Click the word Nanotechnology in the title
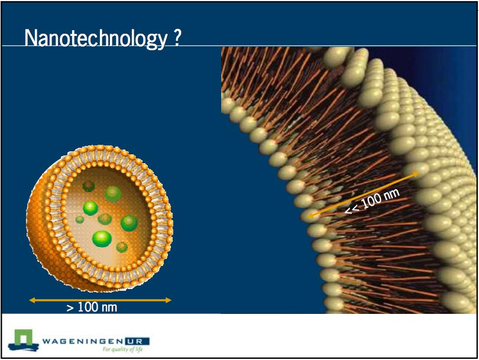(96, 38)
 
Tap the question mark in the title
(177, 37)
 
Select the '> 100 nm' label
(92, 307)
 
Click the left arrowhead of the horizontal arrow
(32, 300)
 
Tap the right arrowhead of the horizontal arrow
(168, 300)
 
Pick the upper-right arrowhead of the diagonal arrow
(416, 174)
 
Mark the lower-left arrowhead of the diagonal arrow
(310, 216)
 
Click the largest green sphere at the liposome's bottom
(102, 238)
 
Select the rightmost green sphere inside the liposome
(130, 223)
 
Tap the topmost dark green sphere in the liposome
(89, 186)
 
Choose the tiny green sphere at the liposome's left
(80, 219)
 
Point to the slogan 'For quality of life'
(122, 349)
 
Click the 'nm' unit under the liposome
(108, 308)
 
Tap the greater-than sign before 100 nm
(70, 308)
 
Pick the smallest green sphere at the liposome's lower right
(122, 247)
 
